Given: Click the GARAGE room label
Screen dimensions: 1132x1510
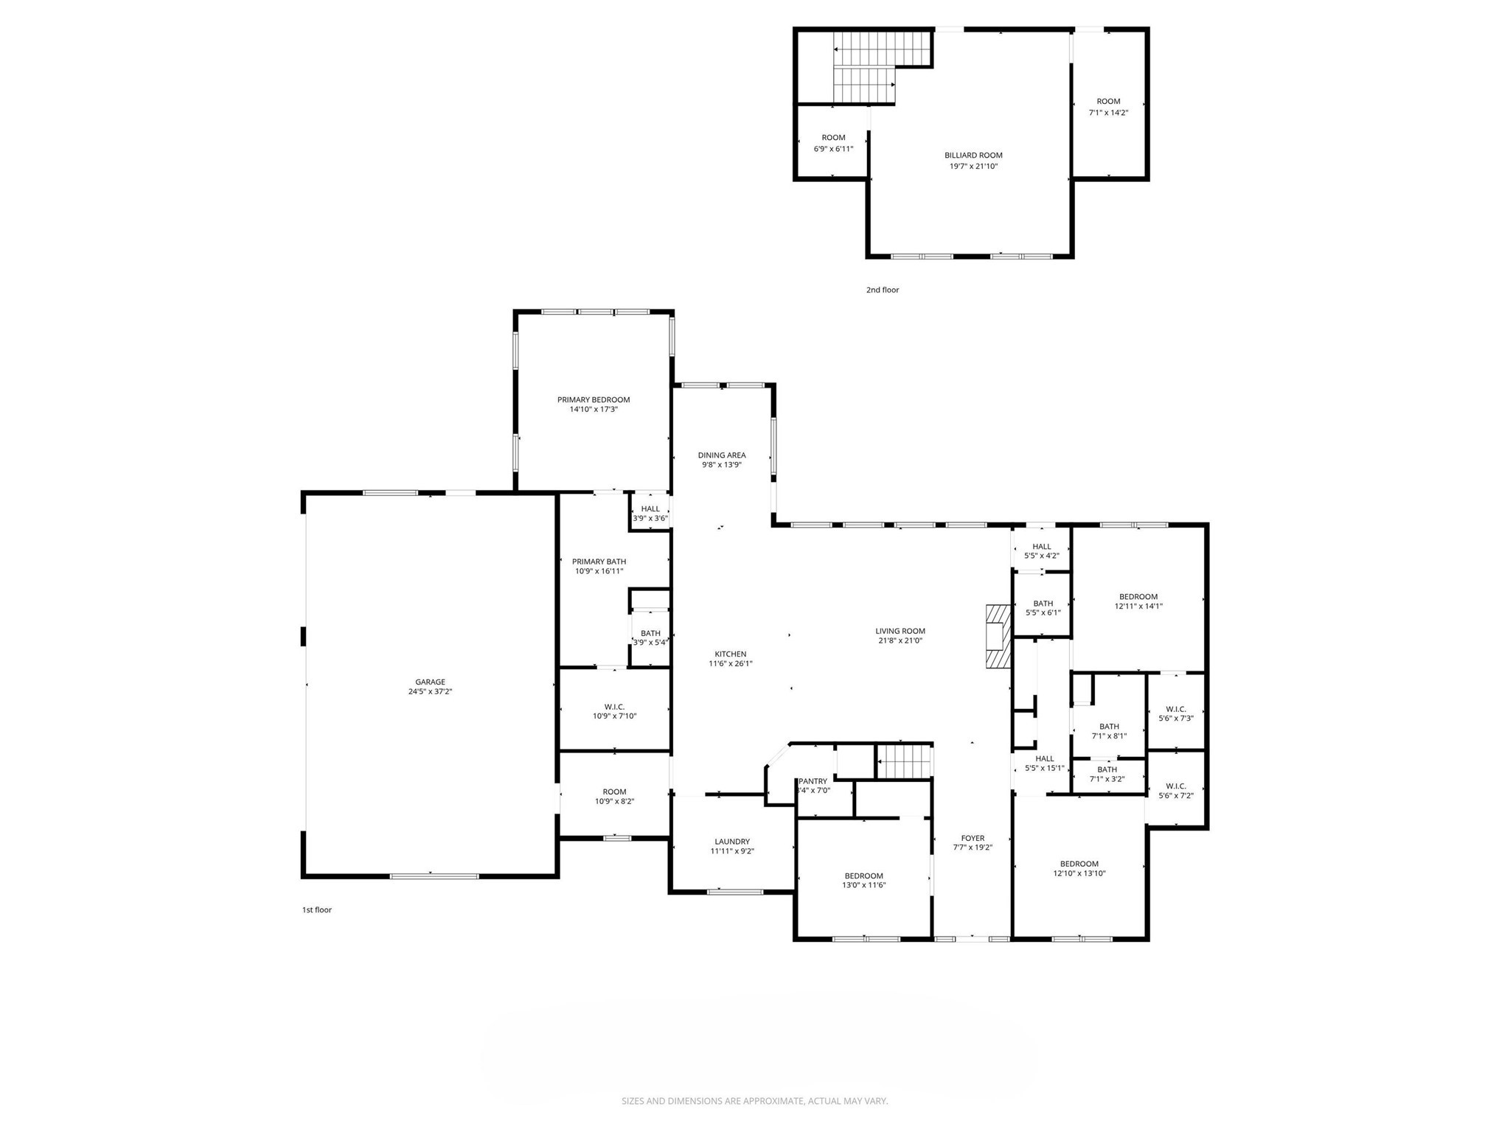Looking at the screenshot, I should point(430,682).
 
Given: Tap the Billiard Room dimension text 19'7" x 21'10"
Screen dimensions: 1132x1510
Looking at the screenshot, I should point(973,167).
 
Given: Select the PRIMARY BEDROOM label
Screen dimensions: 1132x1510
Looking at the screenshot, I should point(594,399).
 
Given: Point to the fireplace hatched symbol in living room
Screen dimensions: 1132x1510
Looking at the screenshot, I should point(997,637).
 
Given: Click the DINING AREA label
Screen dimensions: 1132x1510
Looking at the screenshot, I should point(722,455).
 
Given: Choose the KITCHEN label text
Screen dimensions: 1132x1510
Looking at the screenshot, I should point(730,654).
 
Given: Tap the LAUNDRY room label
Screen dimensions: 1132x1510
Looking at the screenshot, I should point(732,841).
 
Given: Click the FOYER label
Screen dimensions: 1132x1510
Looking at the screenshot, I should point(973,838).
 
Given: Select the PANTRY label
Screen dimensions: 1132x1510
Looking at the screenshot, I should point(814,780).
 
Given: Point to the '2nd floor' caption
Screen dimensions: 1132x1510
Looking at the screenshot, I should point(883,290).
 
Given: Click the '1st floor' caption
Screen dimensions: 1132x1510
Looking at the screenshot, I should point(317,909).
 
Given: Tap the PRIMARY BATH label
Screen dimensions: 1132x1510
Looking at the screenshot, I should point(599,562).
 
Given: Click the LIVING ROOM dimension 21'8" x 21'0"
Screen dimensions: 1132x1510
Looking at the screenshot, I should point(900,640).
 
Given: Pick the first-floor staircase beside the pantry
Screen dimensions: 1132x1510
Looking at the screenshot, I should point(904,761).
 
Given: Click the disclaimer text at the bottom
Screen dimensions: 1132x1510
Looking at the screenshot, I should point(754,1101).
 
